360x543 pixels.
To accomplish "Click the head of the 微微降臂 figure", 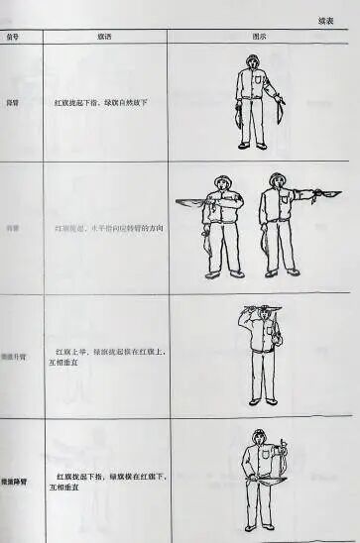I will tap(258, 437).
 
